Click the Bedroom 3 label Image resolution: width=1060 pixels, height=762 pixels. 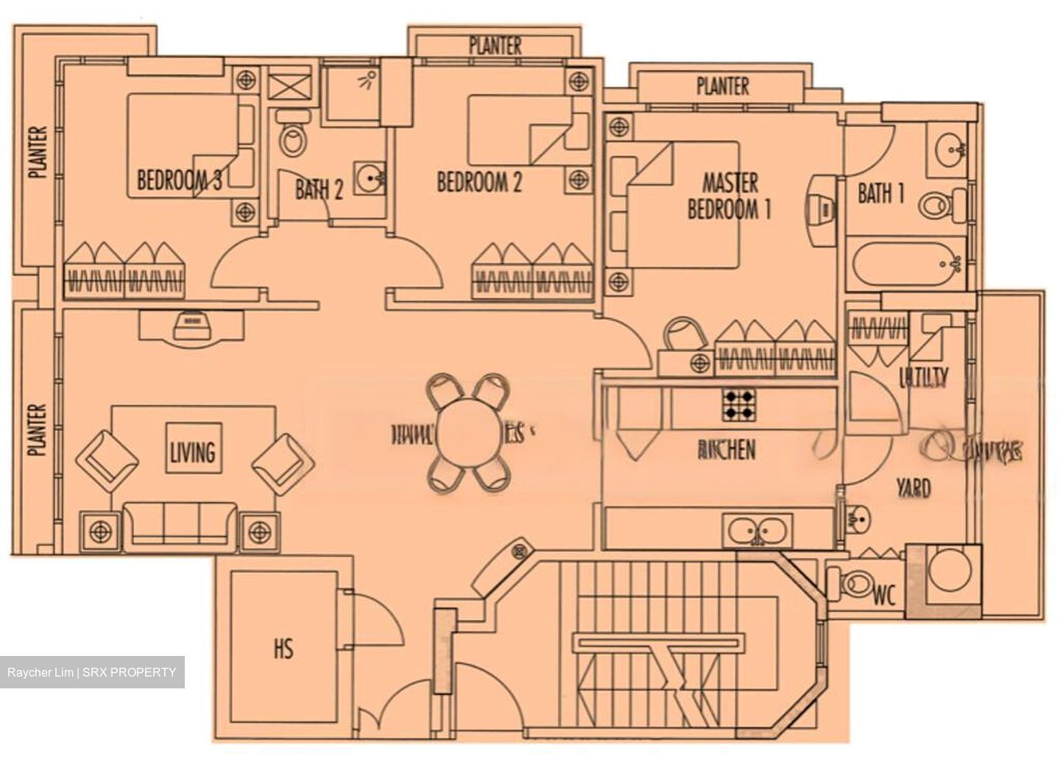coord(180,180)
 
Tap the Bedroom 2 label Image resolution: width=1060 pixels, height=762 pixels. coord(479,182)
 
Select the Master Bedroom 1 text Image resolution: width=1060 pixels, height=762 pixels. coord(729,196)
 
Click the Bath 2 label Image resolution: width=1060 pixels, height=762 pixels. coord(319,190)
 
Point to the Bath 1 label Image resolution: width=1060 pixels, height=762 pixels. coord(880,194)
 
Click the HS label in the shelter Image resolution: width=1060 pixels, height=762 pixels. coord(283,649)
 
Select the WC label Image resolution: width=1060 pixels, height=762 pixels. coord(885,595)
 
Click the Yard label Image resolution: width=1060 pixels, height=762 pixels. coord(913,487)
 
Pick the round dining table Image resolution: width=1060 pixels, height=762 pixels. coord(470,432)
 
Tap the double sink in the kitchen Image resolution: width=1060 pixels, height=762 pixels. coord(758,529)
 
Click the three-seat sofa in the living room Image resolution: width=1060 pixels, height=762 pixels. coord(181,524)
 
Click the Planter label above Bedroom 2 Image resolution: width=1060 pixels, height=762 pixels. coord(495,46)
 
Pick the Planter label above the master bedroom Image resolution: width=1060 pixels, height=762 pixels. coord(722,87)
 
